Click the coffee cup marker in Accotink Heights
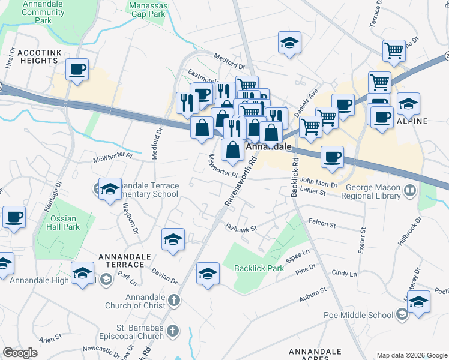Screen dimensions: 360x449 click(x=77, y=70)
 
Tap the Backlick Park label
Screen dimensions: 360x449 click(x=259, y=268)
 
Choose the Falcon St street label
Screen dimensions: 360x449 click(x=322, y=223)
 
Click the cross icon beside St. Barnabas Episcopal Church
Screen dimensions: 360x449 click(x=173, y=331)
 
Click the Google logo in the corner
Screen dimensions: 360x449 click(x=20, y=353)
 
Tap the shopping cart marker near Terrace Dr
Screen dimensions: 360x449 click(x=394, y=51)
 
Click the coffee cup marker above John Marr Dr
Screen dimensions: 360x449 click(x=332, y=158)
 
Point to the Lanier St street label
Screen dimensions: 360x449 click(x=312, y=193)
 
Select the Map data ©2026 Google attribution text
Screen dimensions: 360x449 click(x=411, y=355)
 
